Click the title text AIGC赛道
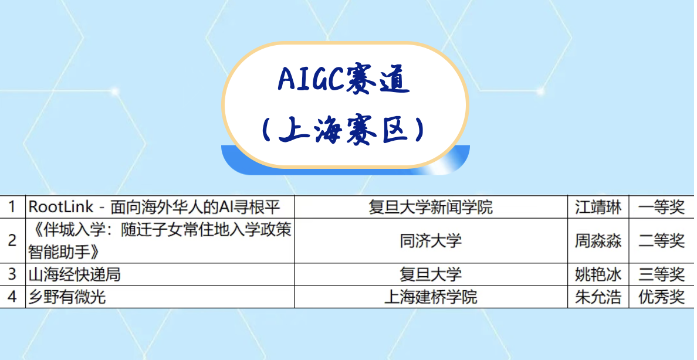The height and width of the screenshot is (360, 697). point(344,80)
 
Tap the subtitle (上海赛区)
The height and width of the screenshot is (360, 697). point(344,130)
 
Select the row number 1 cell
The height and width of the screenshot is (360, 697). point(12,206)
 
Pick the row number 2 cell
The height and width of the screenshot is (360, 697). point(12,240)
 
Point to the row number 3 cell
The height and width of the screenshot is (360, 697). point(12,274)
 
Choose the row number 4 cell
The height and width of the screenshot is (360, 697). point(12,297)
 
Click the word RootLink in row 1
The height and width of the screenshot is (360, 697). point(62,206)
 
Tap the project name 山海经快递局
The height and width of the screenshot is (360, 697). point(75,274)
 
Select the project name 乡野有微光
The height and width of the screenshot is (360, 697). point(67,297)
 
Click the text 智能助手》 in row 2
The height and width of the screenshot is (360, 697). point(64,252)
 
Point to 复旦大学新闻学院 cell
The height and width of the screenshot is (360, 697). point(431,206)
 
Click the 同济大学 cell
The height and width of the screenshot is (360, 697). point(431,240)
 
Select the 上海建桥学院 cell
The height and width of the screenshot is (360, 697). point(431,297)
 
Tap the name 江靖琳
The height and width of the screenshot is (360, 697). point(598,206)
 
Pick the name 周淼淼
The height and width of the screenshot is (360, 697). point(598,240)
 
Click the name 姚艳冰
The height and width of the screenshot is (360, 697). point(598,274)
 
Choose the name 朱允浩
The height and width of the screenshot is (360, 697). point(598,297)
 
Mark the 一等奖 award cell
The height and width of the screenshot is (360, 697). point(661,206)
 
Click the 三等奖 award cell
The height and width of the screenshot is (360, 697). point(661,274)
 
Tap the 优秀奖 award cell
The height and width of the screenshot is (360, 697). point(661,297)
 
